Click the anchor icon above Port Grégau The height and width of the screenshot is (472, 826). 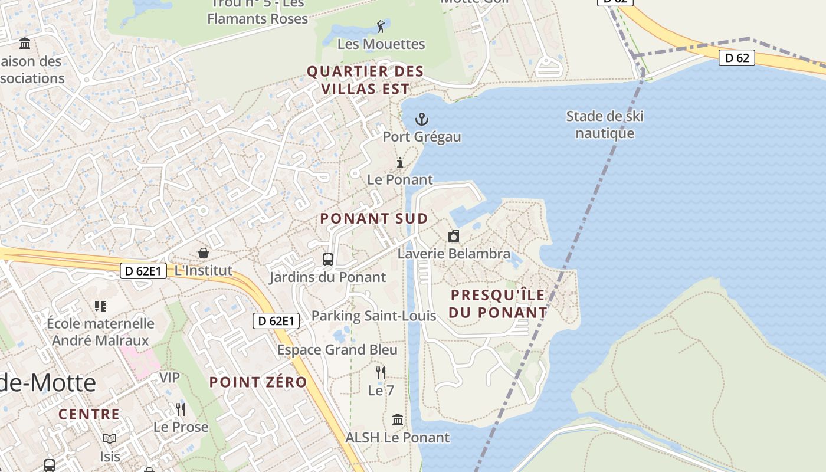point(421,120)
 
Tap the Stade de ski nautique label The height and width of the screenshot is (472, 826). point(605,124)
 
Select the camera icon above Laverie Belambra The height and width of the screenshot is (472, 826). point(454,237)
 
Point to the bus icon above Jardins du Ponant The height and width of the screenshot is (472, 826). point(327,260)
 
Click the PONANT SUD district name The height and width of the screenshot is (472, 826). point(374,218)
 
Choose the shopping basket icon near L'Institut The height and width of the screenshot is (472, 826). point(204,253)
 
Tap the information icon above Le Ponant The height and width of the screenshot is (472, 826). point(400,162)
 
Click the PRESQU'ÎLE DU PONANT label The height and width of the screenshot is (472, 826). point(498,303)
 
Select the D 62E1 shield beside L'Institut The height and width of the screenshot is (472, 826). point(143,271)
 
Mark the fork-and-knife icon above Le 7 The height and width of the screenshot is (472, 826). point(381,373)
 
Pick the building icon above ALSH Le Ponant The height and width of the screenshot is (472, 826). point(398,420)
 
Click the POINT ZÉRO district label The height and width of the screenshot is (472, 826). point(258,382)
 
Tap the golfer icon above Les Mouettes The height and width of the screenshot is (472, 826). point(381,27)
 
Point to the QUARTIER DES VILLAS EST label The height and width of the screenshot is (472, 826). point(365,80)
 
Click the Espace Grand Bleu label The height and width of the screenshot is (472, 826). point(337,350)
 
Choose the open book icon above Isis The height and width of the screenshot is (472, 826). point(110,438)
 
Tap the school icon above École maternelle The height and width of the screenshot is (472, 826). point(100,306)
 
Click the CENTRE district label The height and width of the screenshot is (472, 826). point(89,414)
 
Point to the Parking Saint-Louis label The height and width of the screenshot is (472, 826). point(373,316)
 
